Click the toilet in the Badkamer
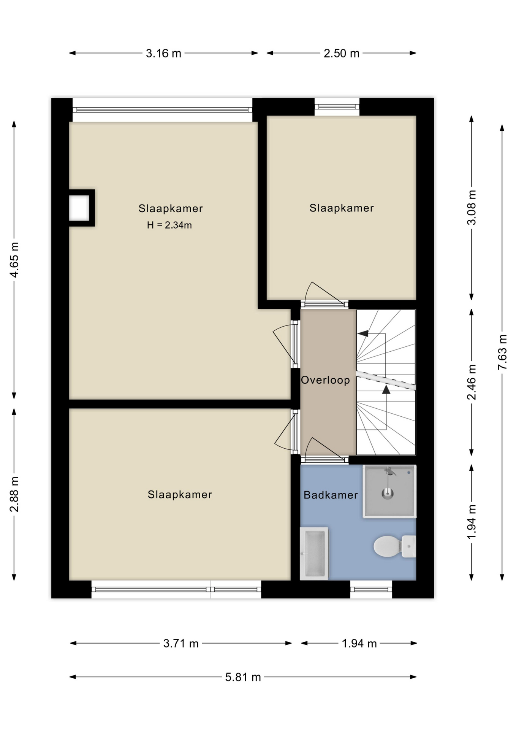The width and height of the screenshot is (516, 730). [x=394, y=546]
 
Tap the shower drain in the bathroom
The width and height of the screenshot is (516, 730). [x=388, y=494]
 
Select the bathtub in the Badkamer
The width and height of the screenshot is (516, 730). [x=314, y=553]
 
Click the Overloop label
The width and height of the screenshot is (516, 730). [x=325, y=380]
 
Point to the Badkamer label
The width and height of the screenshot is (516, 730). [x=331, y=495]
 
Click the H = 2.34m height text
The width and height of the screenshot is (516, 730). [x=169, y=225]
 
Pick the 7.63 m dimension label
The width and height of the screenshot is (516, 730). [x=502, y=352]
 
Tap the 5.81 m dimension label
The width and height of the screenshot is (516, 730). [x=243, y=677]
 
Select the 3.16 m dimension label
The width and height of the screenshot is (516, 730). [x=163, y=53]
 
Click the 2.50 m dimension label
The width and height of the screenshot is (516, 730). [x=341, y=53]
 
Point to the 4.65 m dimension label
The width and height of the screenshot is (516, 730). [x=14, y=260]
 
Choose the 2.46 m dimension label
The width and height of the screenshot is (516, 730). [x=472, y=382]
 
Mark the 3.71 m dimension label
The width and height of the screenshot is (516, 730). [x=181, y=643]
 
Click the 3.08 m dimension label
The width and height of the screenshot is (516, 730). [x=472, y=208]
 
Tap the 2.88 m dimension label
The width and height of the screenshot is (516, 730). [x=14, y=494]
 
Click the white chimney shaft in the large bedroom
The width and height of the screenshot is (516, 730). [x=79, y=208]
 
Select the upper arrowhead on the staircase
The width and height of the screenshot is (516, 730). [x=363, y=333]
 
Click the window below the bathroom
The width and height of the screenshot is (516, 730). [x=371, y=589]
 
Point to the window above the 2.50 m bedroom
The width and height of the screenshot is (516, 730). [x=337, y=106]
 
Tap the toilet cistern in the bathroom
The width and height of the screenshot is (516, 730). [x=409, y=546]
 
